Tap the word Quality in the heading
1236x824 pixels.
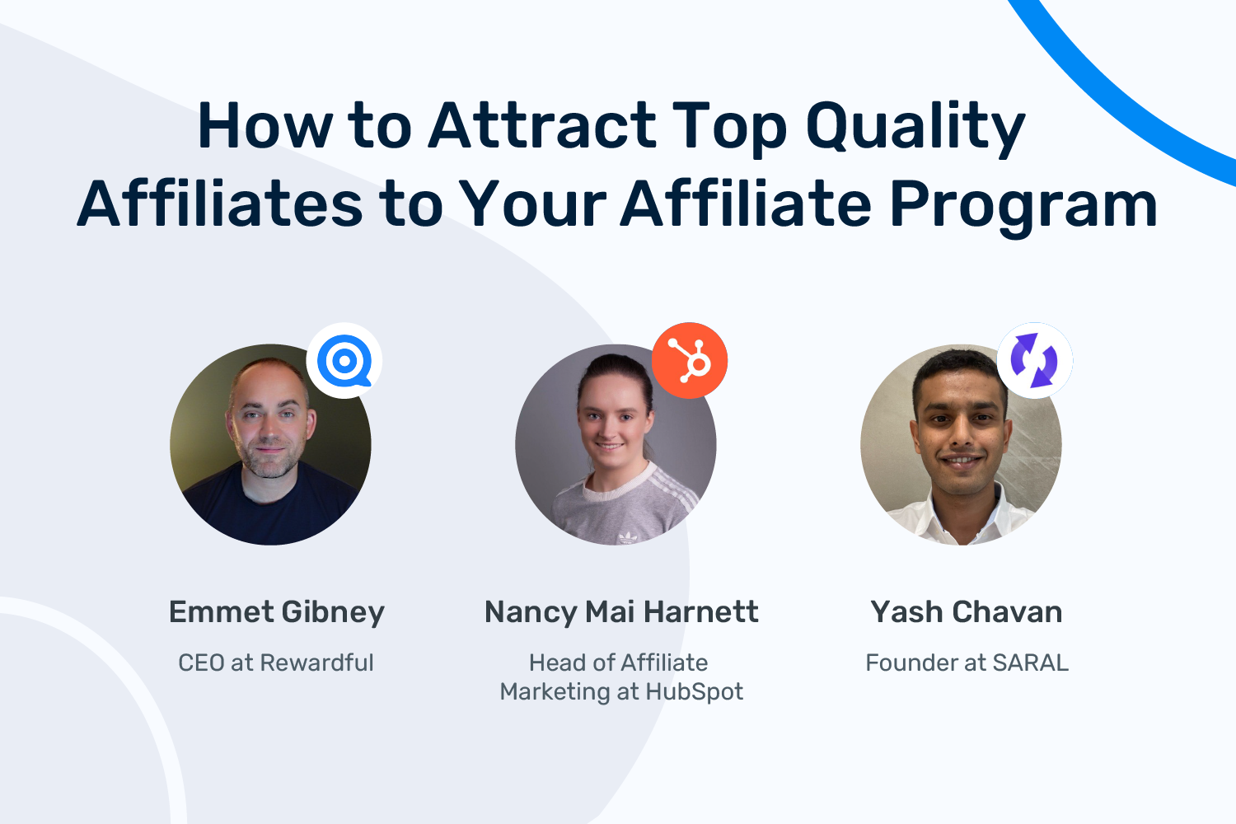click(915, 129)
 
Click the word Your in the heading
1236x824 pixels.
click(531, 204)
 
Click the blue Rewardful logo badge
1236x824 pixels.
click(344, 361)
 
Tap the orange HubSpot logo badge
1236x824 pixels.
click(690, 361)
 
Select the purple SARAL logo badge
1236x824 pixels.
click(1034, 361)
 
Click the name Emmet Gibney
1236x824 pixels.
click(277, 612)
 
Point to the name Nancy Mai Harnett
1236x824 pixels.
click(621, 612)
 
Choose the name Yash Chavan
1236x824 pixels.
click(966, 612)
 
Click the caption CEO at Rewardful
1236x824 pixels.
click(276, 662)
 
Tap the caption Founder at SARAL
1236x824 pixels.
click(967, 662)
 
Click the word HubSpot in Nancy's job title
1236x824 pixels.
click(694, 691)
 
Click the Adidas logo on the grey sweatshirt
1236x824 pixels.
click(628, 537)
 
